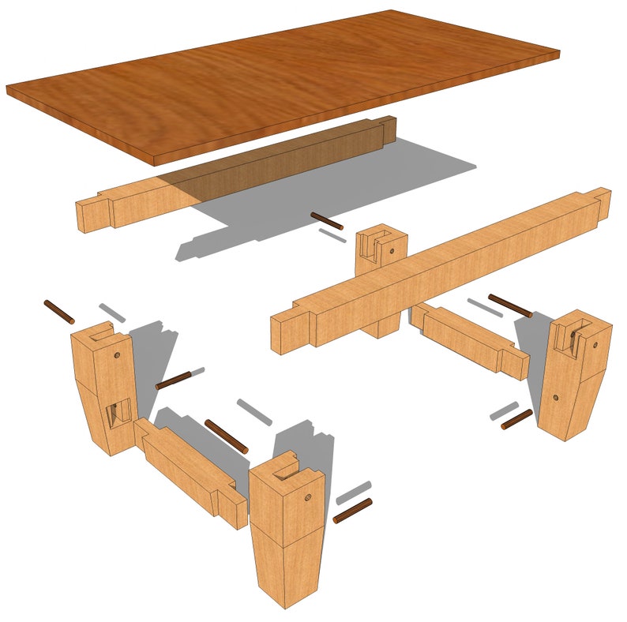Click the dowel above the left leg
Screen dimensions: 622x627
58,312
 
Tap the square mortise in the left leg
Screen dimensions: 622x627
119,410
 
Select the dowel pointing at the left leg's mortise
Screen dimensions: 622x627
174,380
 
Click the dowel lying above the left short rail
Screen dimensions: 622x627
227,436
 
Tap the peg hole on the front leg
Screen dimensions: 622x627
306,500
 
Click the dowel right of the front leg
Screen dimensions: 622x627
352,511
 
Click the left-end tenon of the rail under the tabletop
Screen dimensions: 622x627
93,213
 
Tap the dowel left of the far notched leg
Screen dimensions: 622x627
326,221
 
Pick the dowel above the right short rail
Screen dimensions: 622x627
510,306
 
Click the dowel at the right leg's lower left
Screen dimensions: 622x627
516,419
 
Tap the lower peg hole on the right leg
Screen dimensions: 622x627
556,398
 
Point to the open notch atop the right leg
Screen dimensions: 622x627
571,335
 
